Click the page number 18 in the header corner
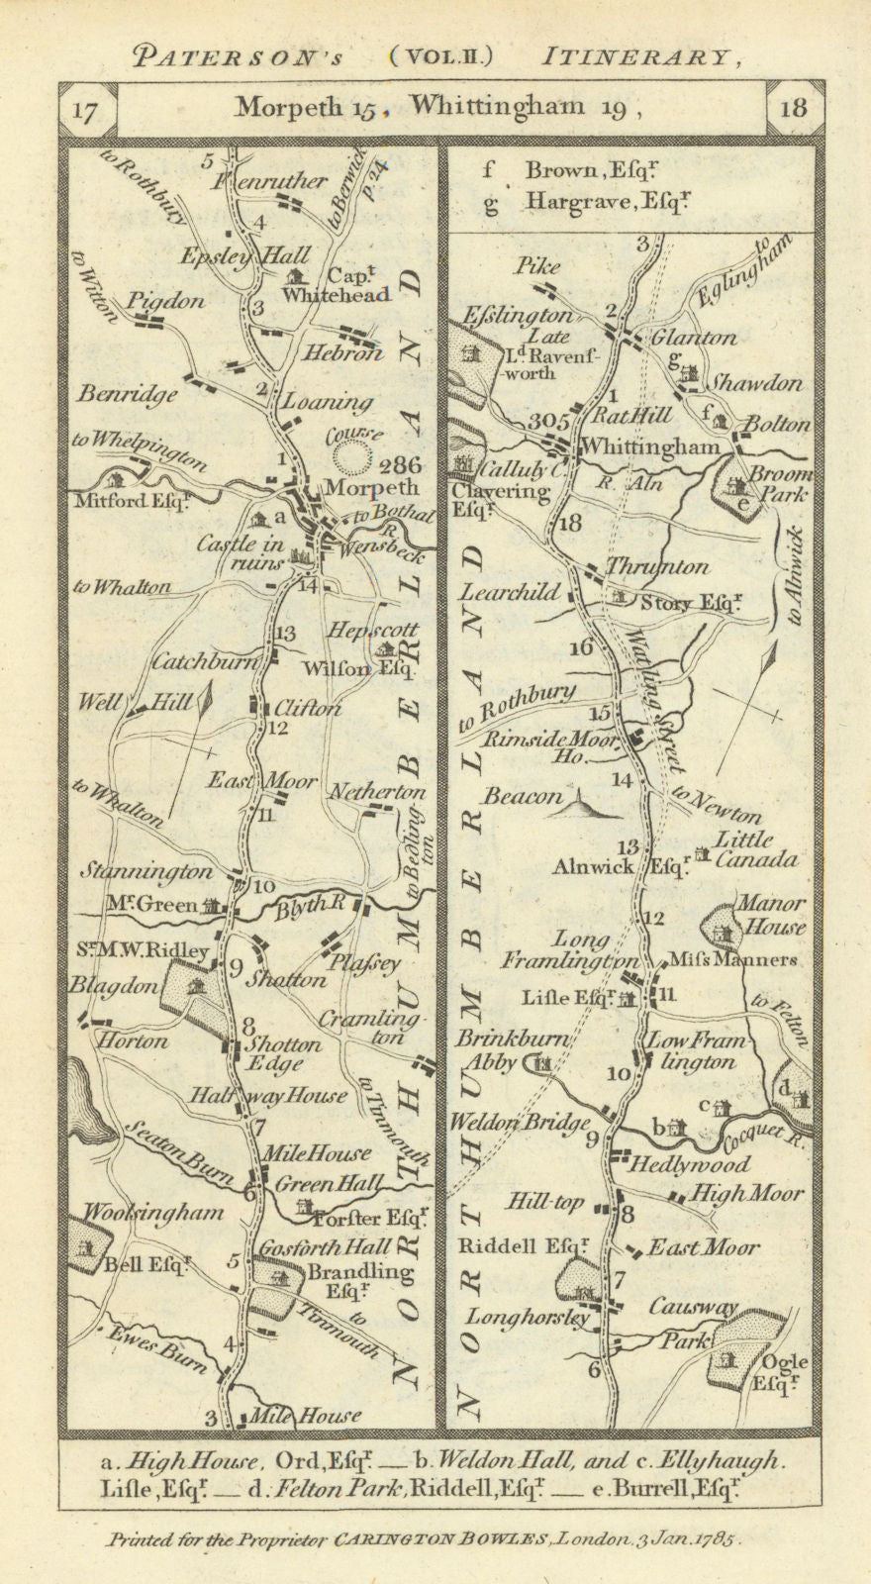coord(793,108)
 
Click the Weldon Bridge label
coord(520,1123)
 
